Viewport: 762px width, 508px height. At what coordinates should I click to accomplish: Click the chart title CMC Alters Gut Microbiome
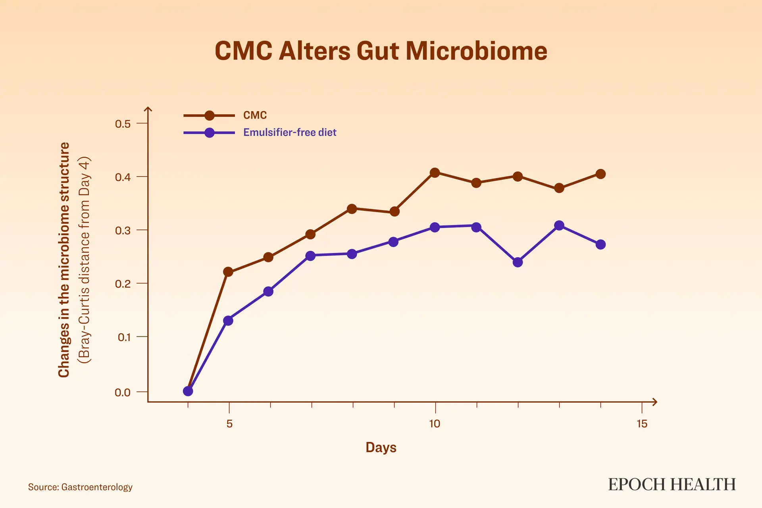point(381,51)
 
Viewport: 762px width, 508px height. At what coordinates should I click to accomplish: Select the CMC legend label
point(255,115)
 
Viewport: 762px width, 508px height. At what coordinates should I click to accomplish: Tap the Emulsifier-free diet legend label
point(290,132)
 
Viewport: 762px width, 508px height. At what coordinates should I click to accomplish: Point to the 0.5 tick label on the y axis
point(123,124)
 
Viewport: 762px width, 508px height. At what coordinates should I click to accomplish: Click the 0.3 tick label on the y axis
point(123,231)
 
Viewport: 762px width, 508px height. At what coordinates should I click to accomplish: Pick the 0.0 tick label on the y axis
point(123,393)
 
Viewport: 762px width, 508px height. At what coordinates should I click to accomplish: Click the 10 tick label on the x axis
point(435,424)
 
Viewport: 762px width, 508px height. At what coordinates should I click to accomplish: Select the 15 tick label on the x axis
point(642,424)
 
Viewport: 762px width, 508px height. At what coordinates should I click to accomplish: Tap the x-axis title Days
point(381,448)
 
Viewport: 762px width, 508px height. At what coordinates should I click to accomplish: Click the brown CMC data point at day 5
point(228,272)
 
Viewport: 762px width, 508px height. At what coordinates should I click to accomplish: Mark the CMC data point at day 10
point(435,173)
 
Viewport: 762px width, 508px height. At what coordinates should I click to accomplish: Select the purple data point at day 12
point(518,262)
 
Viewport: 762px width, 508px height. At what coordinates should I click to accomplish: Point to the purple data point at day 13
point(559,226)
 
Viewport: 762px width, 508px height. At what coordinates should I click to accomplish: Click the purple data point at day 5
point(228,321)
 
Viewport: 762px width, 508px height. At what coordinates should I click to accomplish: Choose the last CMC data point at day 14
point(600,174)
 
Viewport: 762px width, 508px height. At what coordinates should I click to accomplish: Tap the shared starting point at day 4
point(188,391)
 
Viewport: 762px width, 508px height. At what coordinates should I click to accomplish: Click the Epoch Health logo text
point(672,485)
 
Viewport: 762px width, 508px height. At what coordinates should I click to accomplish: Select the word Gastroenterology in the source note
point(97,487)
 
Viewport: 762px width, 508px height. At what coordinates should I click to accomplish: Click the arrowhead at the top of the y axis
point(148,109)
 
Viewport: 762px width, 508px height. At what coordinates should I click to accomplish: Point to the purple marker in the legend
point(209,133)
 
